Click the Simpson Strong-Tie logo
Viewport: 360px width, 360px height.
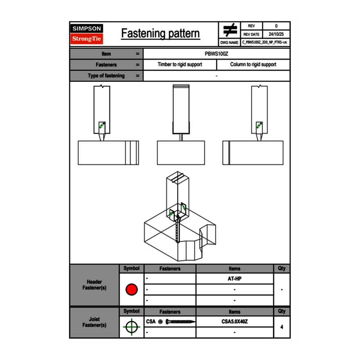point(87,34)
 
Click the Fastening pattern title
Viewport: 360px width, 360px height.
point(160,34)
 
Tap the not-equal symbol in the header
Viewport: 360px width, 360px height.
point(230,30)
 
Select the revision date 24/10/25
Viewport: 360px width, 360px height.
point(276,34)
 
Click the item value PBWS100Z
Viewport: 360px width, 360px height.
point(216,54)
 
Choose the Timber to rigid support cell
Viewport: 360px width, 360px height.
point(180,65)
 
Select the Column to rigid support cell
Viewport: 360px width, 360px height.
point(253,65)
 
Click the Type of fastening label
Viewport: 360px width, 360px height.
point(106,76)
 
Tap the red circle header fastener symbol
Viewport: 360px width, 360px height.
point(131,290)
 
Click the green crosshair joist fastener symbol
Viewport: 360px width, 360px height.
point(131,327)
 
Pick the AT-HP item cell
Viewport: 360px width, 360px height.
point(234,279)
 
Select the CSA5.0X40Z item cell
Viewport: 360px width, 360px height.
point(234,322)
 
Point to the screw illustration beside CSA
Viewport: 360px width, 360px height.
point(180,322)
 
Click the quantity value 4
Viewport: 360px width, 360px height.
point(282,327)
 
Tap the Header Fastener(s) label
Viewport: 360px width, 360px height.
point(94,285)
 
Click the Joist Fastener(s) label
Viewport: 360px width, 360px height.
point(94,322)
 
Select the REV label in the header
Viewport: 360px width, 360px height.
point(251,26)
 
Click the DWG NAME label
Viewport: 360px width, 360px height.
point(229,43)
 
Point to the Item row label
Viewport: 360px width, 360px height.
point(106,54)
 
